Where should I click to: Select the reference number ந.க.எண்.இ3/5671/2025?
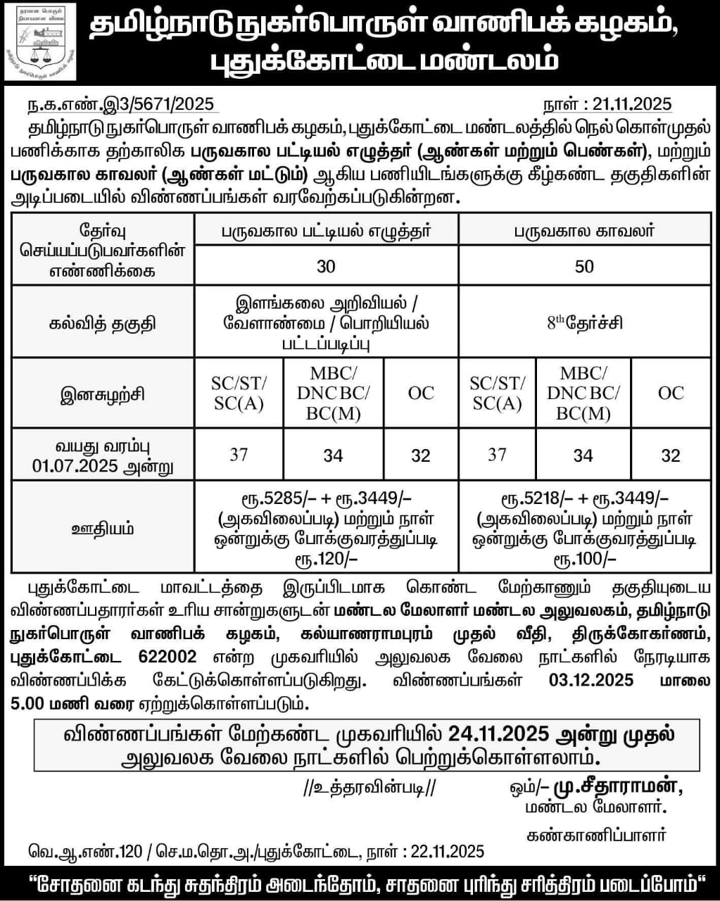[x=120, y=105]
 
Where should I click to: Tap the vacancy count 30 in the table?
[x=326, y=266]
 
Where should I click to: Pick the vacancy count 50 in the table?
[x=584, y=266]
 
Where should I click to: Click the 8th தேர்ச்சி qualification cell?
[x=584, y=323]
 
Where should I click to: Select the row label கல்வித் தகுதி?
[x=103, y=323]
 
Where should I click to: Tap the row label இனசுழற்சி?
[x=103, y=393]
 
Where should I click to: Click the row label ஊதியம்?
[x=103, y=528]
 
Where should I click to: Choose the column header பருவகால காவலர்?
[x=584, y=230]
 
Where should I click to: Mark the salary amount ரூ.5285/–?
[x=277, y=499]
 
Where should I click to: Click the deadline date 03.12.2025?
[x=590, y=680]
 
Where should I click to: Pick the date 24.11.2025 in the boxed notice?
[x=498, y=734]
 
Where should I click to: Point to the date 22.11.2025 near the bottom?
[x=447, y=851]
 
